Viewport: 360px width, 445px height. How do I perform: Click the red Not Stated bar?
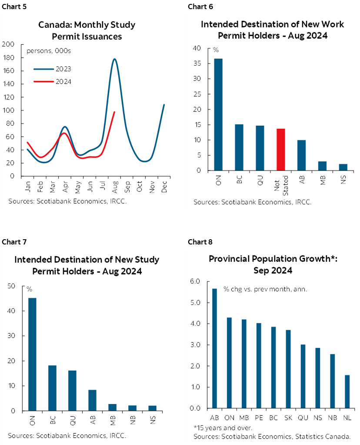click(x=281, y=149)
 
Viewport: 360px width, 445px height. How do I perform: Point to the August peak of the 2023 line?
click(x=114, y=59)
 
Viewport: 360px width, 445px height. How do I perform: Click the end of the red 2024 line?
click(x=114, y=112)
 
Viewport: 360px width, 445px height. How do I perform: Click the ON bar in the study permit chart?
click(x=32, y=355)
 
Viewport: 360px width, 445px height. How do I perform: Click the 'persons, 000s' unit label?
click(x=49, y=51)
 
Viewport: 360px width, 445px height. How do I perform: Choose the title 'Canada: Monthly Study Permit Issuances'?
click(x=87, y=30)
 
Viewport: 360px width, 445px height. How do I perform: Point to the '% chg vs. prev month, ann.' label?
click(x=265, y=288)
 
